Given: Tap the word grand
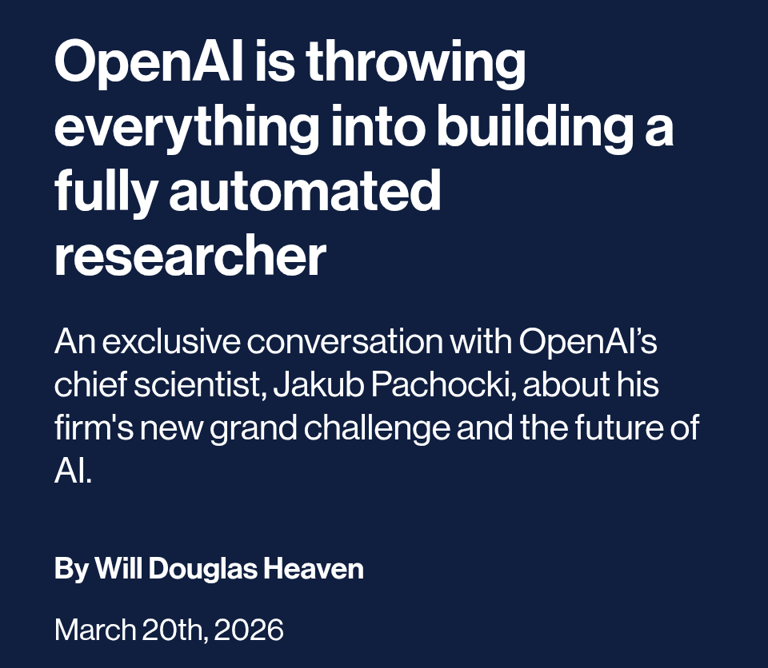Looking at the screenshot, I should (x=250, y=428).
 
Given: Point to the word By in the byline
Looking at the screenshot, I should (x=71, y=569).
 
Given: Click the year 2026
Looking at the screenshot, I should (x=249, y=630).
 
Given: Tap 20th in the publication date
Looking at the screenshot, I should (x=175, y=630).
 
